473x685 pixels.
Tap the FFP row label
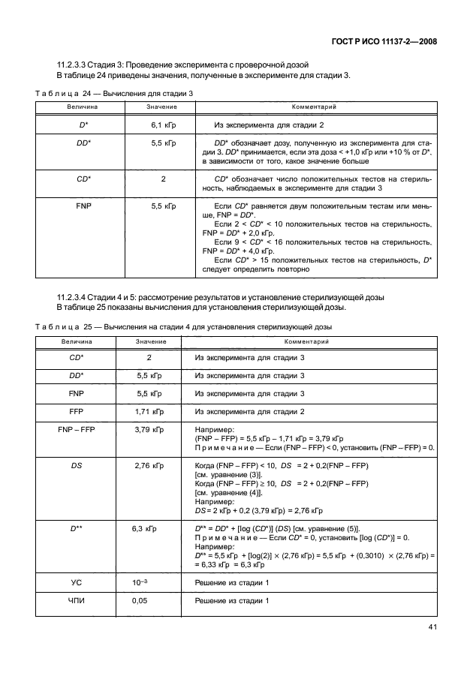(x=76, y=412)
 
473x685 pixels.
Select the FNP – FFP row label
(x=76, y=430)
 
